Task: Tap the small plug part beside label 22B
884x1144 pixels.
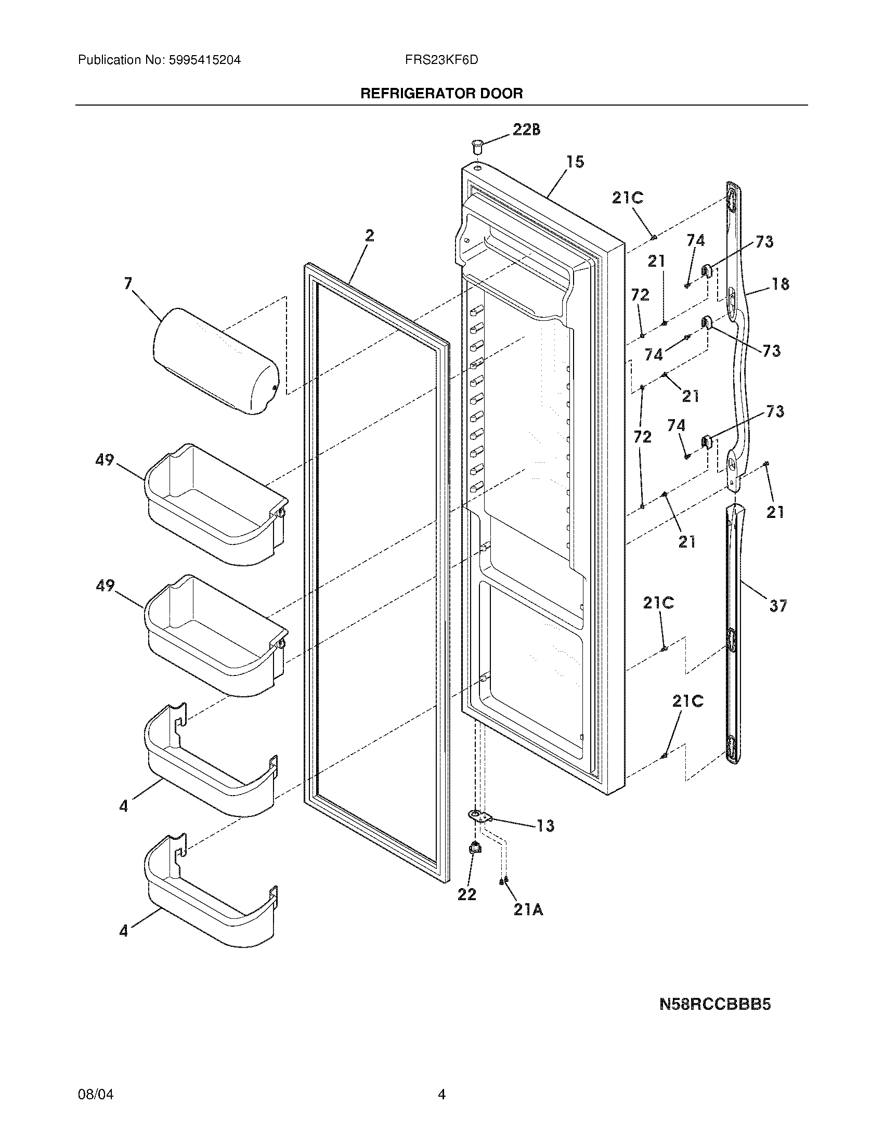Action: (x=477, y=146)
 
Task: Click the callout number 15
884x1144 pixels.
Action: (x=575, y=162)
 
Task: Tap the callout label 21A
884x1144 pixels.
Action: (x=528, y=911)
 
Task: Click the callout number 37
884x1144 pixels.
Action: (x=778, y=606)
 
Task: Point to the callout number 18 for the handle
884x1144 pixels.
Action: (x=780, y=284)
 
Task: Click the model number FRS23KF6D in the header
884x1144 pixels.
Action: (x=441, y=60)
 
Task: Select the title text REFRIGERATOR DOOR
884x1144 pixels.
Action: (x=441, y=94)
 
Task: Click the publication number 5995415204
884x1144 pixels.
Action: (x=205, y=60)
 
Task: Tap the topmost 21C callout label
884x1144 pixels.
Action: (x=628, y=198)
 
